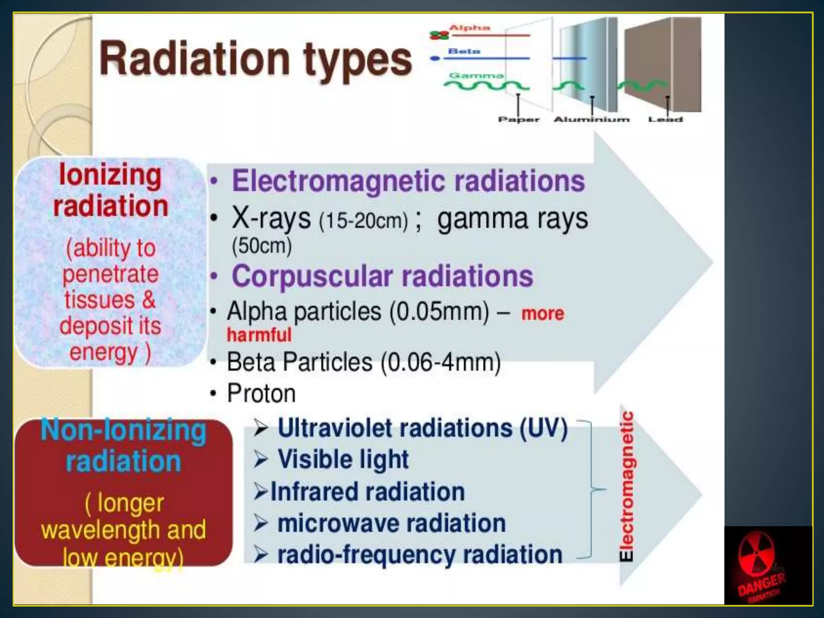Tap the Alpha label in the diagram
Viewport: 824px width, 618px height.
pos(470,28)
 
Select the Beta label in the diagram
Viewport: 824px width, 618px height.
pos(464,51)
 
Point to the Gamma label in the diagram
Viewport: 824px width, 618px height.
pos(476,76)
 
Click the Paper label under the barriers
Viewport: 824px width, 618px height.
pos(518,119)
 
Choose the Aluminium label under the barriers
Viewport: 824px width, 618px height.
pos(591,119)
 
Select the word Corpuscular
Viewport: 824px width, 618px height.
pos(312,277)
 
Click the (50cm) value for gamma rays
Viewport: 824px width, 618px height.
pos(262,245)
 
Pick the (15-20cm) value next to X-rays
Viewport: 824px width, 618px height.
pos(363,221)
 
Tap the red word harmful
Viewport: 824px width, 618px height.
pos(259,335)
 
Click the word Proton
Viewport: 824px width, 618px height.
pos(261,393)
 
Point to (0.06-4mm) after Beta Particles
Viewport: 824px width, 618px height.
pos(441,362)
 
